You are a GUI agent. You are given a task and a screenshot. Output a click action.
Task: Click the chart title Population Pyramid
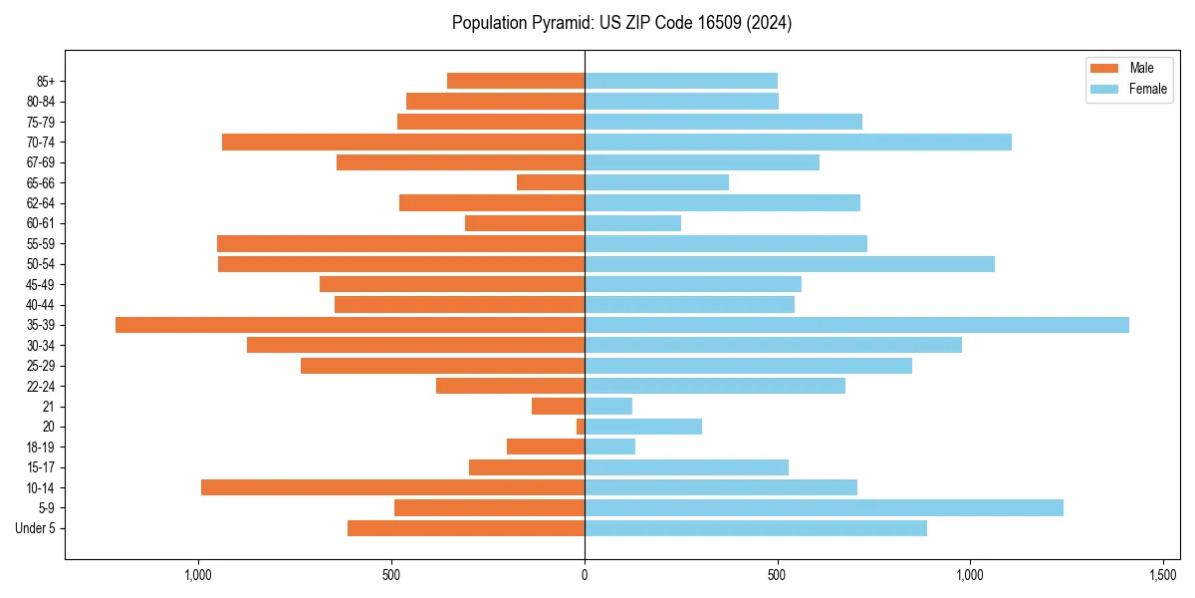click(621, 23)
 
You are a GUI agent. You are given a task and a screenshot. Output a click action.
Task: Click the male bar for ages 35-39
click(350, 325)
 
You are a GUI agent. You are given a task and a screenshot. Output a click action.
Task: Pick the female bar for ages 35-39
click(856, 325)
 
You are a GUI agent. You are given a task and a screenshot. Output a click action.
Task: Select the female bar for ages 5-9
click(824, 507)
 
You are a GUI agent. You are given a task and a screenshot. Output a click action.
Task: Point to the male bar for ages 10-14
click(392, 487)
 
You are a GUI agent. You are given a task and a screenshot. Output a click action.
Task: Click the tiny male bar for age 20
click(581, 427)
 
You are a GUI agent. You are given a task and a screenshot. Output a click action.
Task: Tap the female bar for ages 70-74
click(798, 143)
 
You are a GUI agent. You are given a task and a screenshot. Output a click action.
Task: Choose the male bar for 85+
click(516, 81)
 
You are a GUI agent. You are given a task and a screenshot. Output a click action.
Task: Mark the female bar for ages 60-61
click(632, 223)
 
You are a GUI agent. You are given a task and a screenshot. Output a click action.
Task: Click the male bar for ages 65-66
click(551, 182)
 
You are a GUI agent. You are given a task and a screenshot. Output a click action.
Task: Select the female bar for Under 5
click(756, 528)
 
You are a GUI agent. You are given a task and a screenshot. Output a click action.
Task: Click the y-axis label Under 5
click(35, 528)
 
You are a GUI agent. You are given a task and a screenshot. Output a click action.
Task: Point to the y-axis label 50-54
click(41, 264)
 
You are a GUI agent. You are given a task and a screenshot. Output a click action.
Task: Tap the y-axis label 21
click(49, 407)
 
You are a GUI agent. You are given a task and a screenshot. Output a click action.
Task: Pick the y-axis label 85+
click(45, 81)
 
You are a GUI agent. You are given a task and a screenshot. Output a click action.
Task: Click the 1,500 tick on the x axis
click(1163, 575)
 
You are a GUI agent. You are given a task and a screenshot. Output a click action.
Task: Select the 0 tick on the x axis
click(585, 575)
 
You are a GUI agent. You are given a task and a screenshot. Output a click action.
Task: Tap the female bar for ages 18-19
click(609, 447)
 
